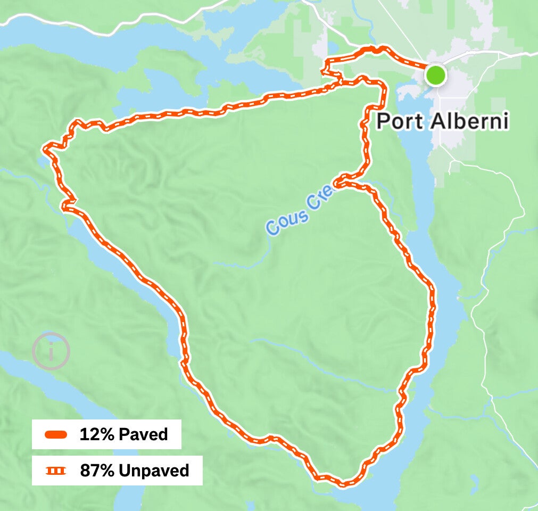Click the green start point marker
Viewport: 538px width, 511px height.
pyautogui.click(x=436, y=75)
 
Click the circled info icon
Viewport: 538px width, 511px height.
pyautogui.click(x=51, y=351)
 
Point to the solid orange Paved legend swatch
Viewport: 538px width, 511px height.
pyautogui.click(x=56, y=434)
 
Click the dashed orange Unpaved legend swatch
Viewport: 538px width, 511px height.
pyautogui.click(x=56, y=471)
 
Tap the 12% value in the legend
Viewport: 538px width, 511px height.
pyautogui.click(x=97, y=434)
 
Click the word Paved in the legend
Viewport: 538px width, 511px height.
pyautogui.click(x=143, y=434)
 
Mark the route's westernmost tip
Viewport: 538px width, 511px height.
pyautogui.click(x=45, y=147)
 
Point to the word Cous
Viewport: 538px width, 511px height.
pyautogui.click(x=287, y=219)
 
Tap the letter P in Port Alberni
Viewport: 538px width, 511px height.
pyautogui.click(x=383, y=121)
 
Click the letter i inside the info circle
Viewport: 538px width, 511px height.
pyautogui.click(x=51, y=351)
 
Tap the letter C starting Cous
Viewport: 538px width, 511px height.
pyautogui.click(x=273, y=228)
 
